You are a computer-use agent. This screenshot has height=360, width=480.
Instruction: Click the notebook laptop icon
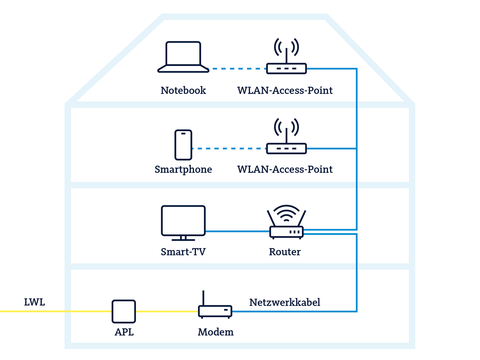(x=183, y=57)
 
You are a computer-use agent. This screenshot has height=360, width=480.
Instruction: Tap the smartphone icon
(x=183, y=145)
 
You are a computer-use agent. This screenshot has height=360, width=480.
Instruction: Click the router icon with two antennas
(x=286, y=224)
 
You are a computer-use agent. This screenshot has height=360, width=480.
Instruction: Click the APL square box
(x=124, y=311)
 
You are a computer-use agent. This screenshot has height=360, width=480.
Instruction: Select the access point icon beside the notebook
(x=286, y=58)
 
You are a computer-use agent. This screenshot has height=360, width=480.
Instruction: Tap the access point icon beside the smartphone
(x=286, y=138)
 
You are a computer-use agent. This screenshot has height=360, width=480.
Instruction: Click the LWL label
(x=34, y=302)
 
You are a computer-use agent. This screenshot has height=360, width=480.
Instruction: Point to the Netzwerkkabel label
(x=285, y=302)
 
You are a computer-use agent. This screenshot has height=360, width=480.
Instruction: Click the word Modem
(x=216, y=332)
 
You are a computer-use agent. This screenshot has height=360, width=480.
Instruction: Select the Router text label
(x=284, y=252)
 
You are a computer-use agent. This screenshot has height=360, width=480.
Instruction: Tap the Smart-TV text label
(x=183, y=252)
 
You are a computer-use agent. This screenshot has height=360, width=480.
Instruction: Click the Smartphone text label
(x=183, y=170)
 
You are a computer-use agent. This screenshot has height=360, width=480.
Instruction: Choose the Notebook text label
(x=183, y=90)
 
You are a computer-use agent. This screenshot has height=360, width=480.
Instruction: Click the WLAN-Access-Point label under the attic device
(x=285, y=90)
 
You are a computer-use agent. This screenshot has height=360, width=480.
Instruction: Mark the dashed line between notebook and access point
(x=238, y=69)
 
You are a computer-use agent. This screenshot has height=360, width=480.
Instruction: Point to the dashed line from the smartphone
(x=229, y=148)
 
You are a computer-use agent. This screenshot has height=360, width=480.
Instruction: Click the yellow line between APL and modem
(x=167, y=311)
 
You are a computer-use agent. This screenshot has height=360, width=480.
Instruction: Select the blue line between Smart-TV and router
(x=237, y=231)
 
